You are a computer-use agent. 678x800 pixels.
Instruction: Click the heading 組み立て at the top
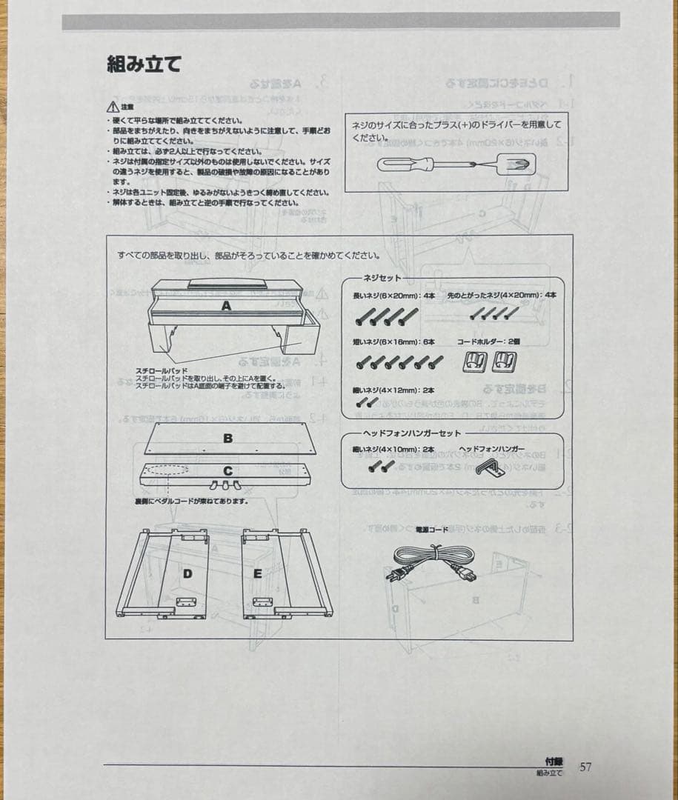pyautogui.click(x=144, y=64)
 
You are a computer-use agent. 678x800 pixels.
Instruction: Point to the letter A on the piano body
pyautogui.click(x=225, y=305)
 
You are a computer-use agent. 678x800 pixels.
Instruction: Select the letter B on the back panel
pyautogui.click(x=227, y=439)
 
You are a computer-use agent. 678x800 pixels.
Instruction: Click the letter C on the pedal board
pyautogui.click(x=227, y=470)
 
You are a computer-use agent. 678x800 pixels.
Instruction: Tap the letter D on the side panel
pyautogui.click(x=187, y=573)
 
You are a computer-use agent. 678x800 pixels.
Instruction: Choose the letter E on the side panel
pyautogui.click(x=257, y=573)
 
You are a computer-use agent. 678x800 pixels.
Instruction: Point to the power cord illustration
pyautogui.click(x=431, y=563)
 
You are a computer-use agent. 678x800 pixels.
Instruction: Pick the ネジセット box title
pyautogui.click(x=382, y=278)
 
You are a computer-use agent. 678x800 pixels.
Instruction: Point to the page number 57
pyautogui.click(x=585, y=767)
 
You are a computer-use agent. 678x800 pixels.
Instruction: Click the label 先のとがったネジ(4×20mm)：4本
pyautogui.click(x=501, y=295)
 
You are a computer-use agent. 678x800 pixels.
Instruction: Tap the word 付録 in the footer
pyautogui.click(x=553, y=761)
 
